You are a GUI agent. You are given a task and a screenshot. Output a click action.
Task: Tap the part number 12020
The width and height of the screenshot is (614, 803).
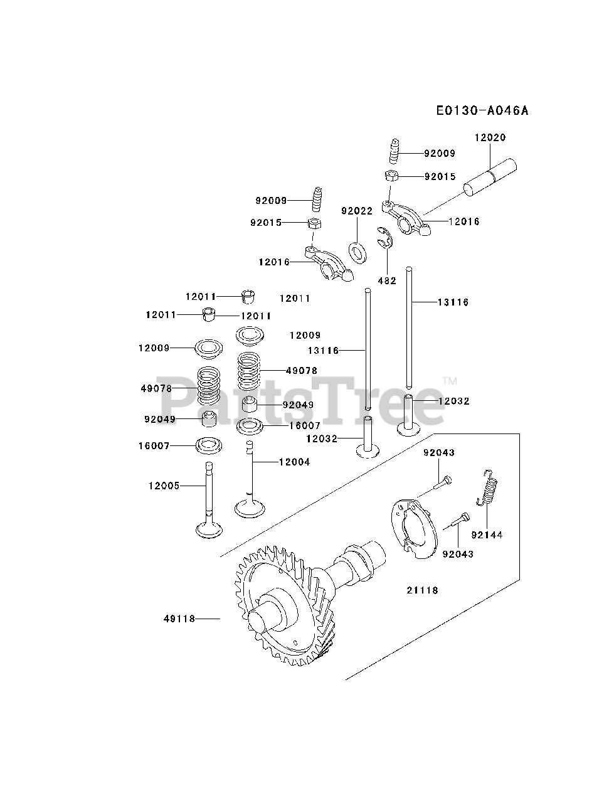pyautogui.click(x=490, y=137)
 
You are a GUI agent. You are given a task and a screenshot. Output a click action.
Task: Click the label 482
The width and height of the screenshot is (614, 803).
pyautogui.click(x=387, y=280)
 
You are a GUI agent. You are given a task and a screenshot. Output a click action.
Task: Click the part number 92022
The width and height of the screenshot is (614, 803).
pyautogui.click(x=357, y=211)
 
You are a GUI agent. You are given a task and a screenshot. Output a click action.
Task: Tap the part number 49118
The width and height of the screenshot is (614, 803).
pyautogui.click(x=179, y=619)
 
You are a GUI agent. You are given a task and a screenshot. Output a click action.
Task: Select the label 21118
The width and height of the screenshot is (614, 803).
pyautogui.click(x=422, y=590)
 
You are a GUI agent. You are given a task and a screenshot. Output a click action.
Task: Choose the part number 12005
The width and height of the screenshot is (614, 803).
pyautogui.click(x=164, y=486)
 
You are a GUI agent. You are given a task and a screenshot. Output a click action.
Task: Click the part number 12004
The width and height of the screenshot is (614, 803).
pyautogui.click(x=294, y=462)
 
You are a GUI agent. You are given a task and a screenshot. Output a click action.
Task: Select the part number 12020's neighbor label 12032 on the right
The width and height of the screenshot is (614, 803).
pyautogui.click(x=453, y=401)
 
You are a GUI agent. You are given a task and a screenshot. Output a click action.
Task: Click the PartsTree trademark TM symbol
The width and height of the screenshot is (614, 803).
pyautogui.click(x=449, y=381)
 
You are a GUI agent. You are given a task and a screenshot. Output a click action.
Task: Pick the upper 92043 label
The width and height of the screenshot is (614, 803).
pyautogui.click(x=439, y=452)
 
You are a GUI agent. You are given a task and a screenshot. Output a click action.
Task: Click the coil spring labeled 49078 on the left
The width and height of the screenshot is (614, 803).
pyautogui.click(x=209, y=385)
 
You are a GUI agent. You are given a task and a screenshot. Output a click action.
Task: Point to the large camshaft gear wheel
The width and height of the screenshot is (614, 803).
pyautogui.click(x=276, y=605)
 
